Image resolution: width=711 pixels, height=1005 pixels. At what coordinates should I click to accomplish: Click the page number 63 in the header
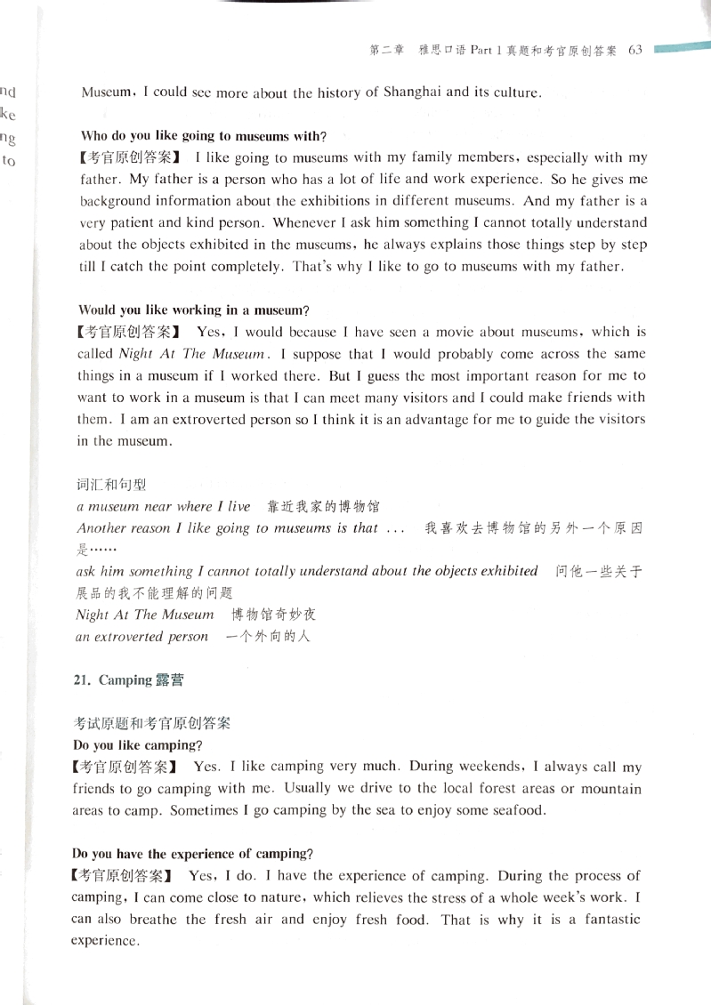tap(634, 51)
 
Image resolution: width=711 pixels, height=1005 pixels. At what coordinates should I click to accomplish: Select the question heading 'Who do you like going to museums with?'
tap(204, 137)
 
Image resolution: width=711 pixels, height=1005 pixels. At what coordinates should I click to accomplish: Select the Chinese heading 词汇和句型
tap(111, 485)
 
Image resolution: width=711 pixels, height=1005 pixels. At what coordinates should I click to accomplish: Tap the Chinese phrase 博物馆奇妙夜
tap(274, 615)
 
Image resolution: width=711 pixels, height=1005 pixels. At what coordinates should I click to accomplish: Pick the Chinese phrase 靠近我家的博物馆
tap(323, 507)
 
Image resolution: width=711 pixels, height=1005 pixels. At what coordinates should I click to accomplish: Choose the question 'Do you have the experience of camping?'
tap(192, 854)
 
